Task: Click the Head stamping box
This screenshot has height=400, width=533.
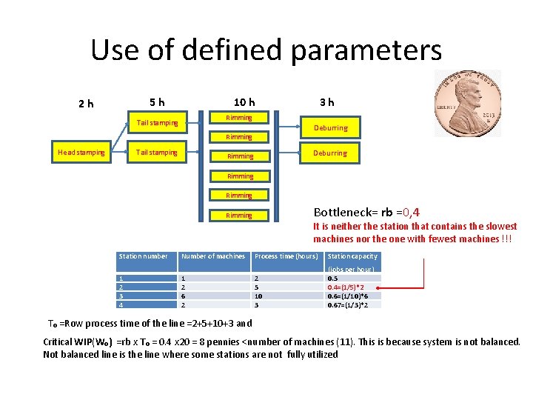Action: point(81,153)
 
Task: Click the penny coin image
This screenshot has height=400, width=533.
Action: point(467,104)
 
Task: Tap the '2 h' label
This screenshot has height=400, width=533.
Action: point(87,104)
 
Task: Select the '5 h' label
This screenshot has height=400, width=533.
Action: point(157,101)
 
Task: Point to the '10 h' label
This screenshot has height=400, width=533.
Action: point(244,101)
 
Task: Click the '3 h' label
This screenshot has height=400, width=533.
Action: point(326,101)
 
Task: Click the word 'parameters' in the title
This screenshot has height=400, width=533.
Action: point(366,50)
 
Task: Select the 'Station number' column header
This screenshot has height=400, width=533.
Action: point(143,256)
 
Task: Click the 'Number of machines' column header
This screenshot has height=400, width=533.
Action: point(213,256)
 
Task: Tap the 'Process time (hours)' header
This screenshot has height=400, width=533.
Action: point(286,256)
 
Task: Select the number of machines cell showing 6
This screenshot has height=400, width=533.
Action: point(184,296)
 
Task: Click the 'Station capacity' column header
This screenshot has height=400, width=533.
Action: point(352,256)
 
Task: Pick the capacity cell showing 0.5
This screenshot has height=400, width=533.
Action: point(332,279)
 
